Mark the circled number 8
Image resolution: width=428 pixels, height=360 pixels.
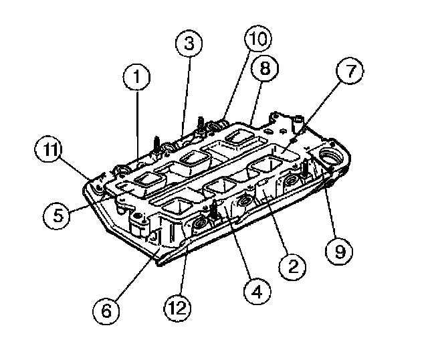click(263, 68)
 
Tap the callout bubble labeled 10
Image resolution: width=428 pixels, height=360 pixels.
click(257, 39)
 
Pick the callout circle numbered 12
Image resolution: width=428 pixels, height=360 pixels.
click(177, 309)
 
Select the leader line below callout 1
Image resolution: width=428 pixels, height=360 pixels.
click(138, 127)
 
